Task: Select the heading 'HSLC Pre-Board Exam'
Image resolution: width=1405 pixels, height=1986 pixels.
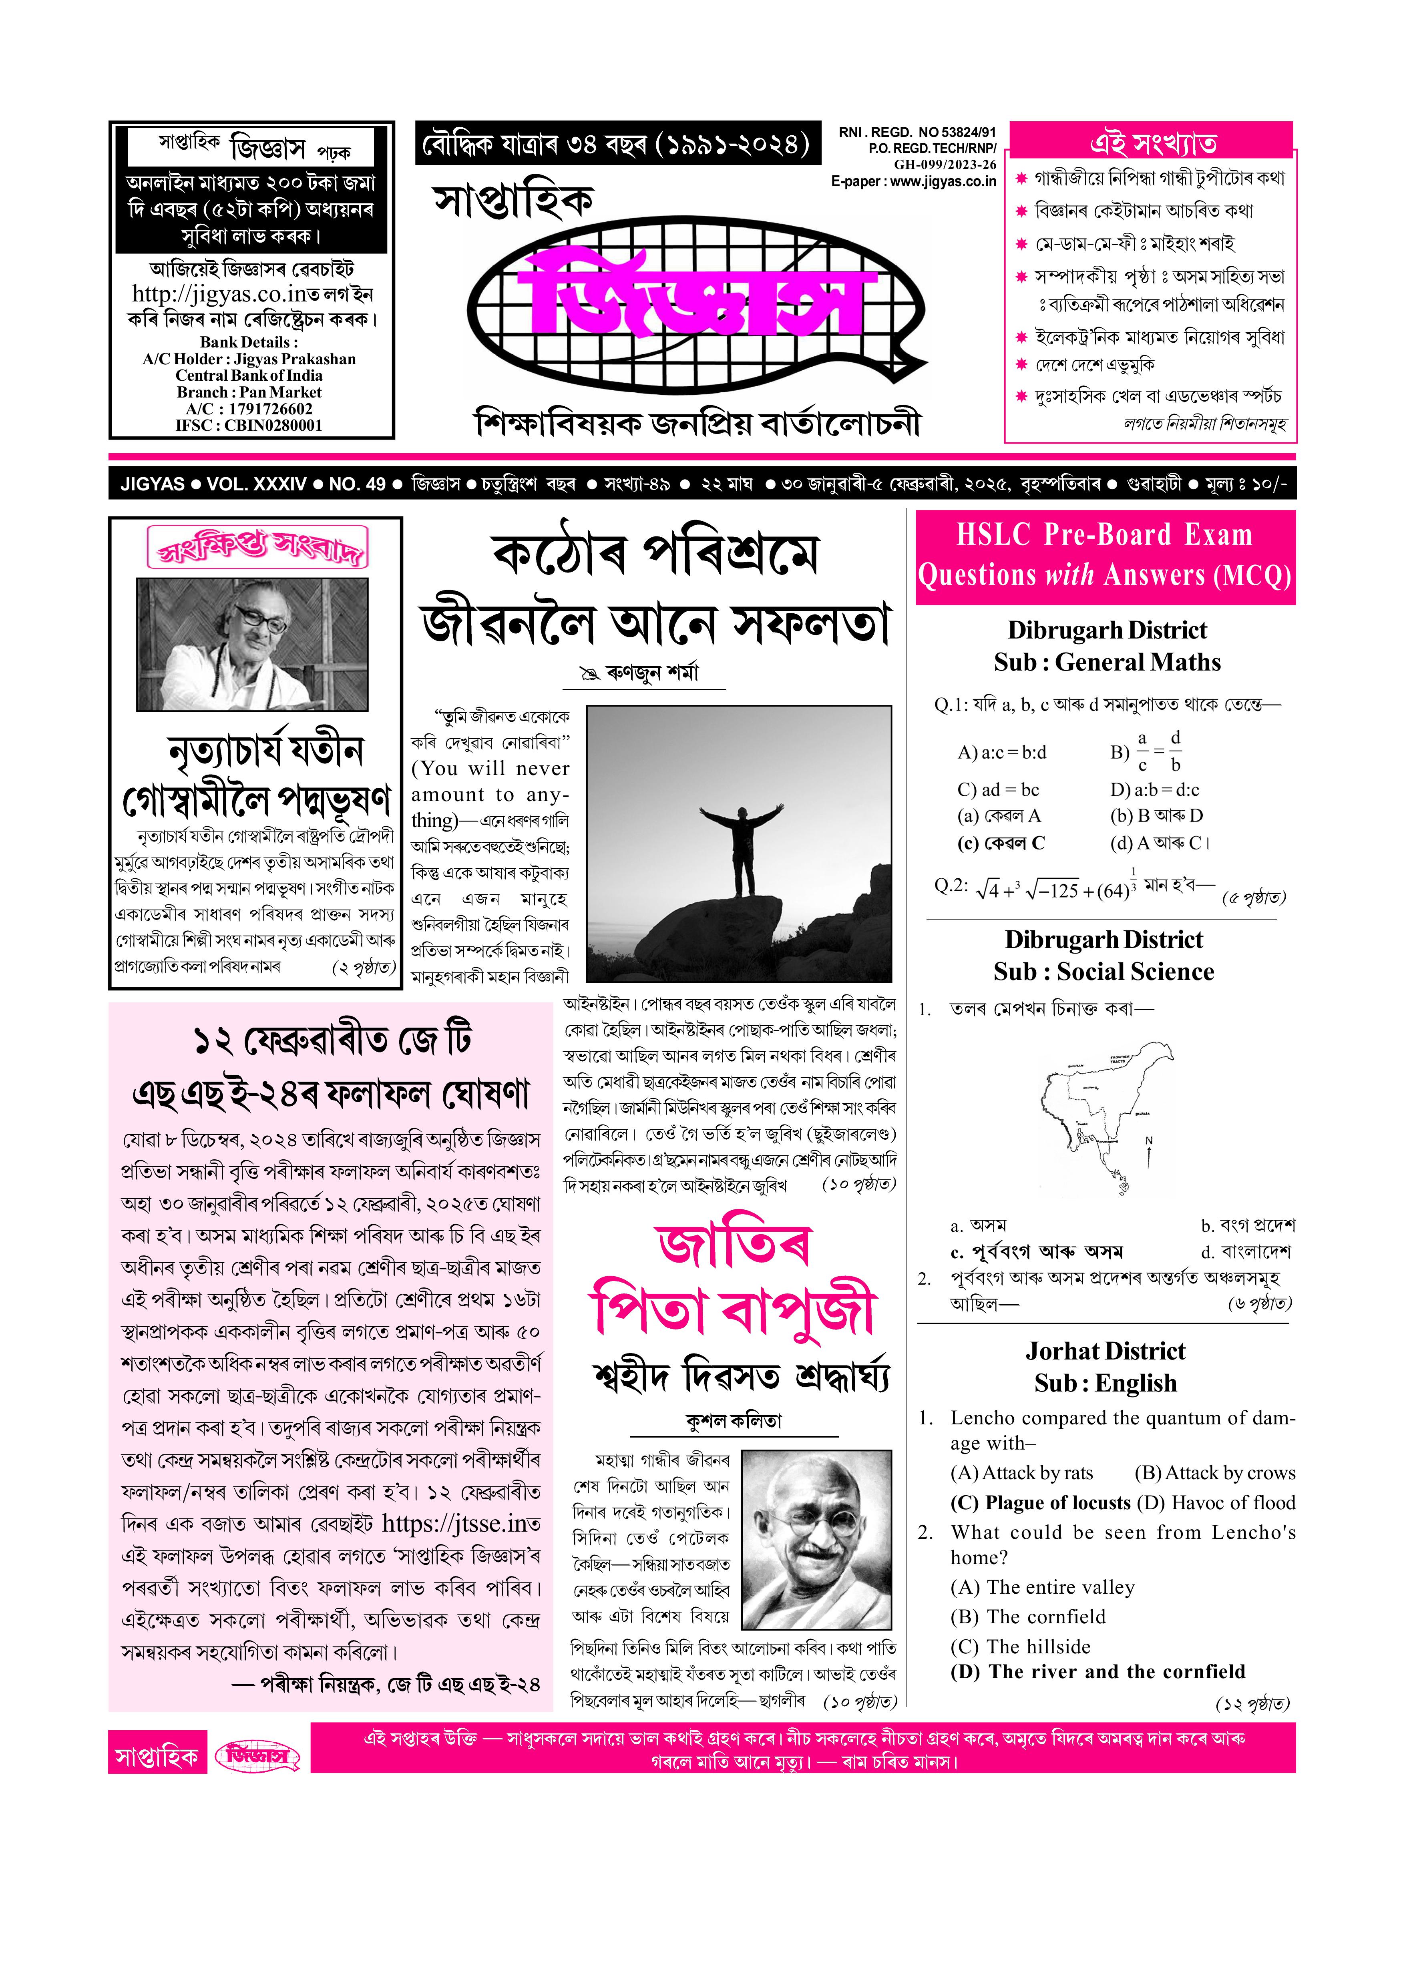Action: [x=1104, y=535]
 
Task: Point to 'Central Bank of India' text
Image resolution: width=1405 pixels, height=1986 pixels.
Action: [x=249, y=376]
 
